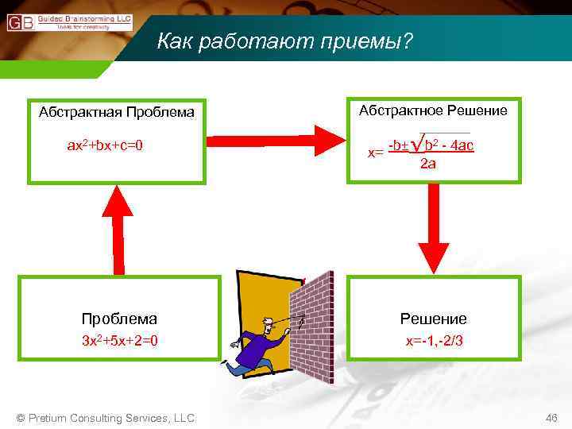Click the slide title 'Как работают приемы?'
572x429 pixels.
(x=285, y=40)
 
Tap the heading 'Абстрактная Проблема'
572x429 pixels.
(x=117, y=111)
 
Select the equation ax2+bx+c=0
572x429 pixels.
(x=106, y=145)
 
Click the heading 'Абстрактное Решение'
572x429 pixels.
(x=433, y=110)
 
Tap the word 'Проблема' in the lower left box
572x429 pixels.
(x=119, y=319)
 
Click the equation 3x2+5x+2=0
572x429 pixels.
(x=119, y=341)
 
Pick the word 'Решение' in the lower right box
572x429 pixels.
(x=433, y=319)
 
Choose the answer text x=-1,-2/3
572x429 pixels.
(x=434, y=341)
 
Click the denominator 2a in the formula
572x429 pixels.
(x=427, y=164)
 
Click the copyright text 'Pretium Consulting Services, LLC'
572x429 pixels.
(x=106, y=418)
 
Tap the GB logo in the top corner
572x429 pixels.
(x=20, y=23)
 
